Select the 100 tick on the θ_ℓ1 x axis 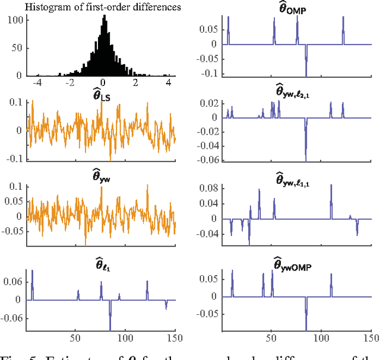tap(125, 340)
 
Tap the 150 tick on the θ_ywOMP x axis tap(370, 340)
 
